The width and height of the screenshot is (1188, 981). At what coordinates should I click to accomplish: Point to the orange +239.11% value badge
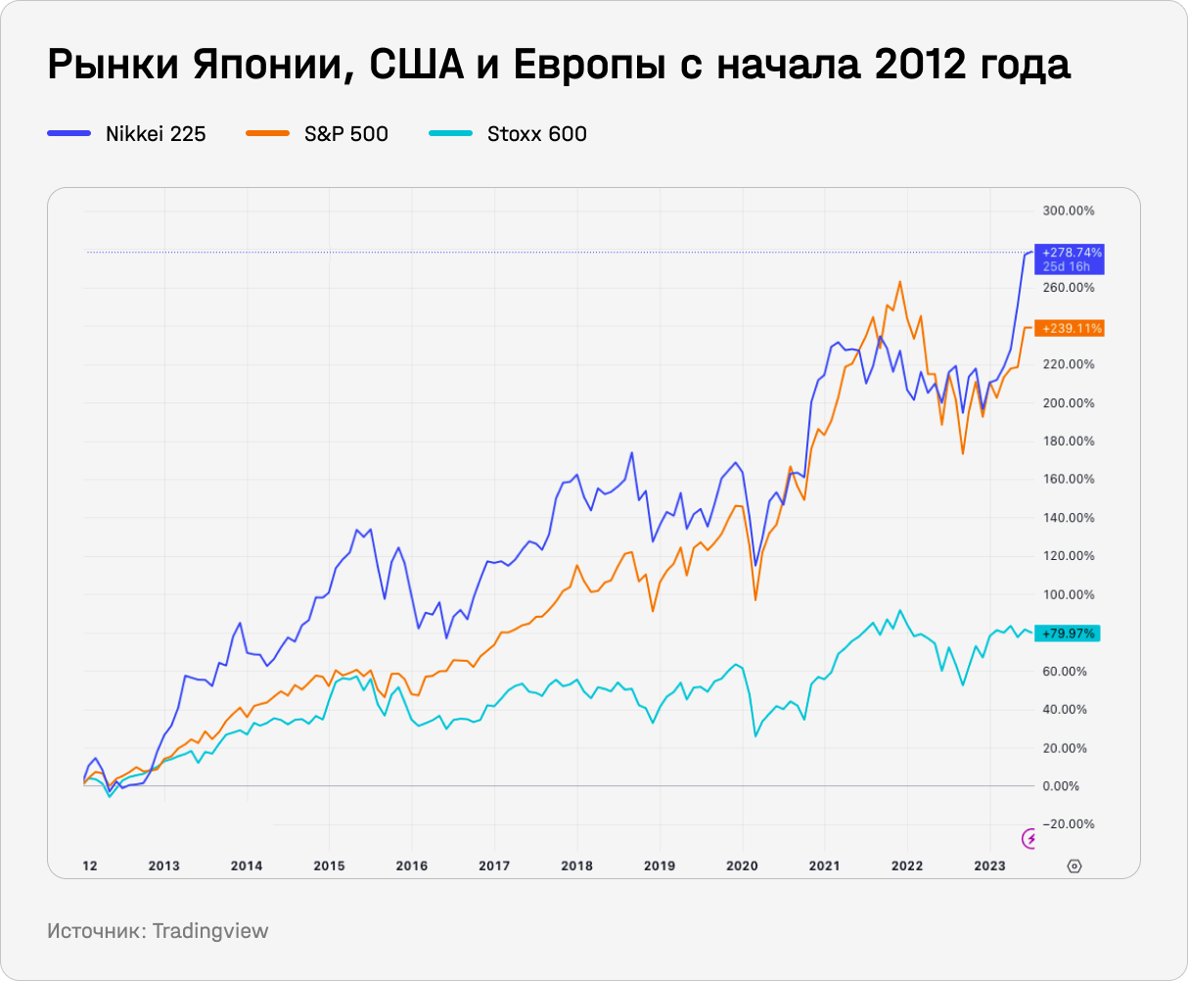(x=1073, y=329)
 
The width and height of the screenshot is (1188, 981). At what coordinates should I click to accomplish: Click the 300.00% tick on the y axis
(x=1068, y=211)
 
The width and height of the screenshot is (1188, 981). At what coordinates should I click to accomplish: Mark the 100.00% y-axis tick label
(x=1068, y=595)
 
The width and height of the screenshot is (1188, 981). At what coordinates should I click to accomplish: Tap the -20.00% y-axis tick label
(x=1068, y=824)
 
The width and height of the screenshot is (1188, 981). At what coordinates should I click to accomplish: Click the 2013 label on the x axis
(x=164, y=865)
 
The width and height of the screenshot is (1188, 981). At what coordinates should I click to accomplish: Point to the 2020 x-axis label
(x=742, y=865)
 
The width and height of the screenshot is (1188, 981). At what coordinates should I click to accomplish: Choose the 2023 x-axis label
(x=989, y=865)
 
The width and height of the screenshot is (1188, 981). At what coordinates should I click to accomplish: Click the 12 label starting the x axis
(x=89, y=865)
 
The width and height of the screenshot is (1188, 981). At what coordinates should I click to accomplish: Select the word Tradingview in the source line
(x=209, y=931)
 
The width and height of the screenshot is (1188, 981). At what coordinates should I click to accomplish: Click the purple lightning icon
(x=1030, y=838)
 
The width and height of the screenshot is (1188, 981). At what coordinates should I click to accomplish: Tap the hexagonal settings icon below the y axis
(x=1074, y=865)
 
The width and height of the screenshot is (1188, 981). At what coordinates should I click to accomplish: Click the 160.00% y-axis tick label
(x=1068, y=480)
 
